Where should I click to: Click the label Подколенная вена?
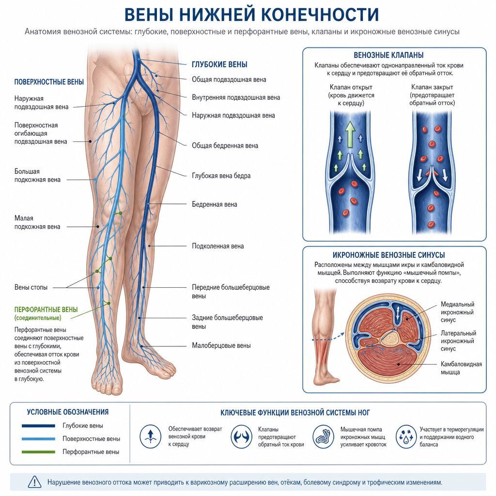tap(217, 246)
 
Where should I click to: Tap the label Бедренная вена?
tap(215, 204)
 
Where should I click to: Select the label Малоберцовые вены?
tap(221, 345)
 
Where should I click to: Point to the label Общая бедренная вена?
tap(225, 145)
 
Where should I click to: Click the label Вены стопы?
tap(31, 287)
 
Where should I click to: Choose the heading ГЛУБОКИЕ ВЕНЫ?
tap(219, 64)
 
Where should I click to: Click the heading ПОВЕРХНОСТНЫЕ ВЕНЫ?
tap(49, 82)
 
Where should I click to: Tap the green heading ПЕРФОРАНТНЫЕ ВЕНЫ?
tap(46, 310)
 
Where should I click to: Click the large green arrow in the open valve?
tap(350, 134)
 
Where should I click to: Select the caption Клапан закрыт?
tap(432, 87)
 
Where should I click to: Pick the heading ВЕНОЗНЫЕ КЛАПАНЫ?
tap(388, 55)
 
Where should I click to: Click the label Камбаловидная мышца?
tap(461, 368)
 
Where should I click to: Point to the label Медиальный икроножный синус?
tap(457, 312)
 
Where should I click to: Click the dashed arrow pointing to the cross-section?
tap(328, 337)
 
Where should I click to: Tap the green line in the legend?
tap(39, 452)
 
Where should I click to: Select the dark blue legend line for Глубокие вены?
tap(39, 426)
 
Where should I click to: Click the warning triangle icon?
tap(34, 482)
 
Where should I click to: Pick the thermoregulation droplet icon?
tap(406, 436)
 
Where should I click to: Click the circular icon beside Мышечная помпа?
tap(323, 436)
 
